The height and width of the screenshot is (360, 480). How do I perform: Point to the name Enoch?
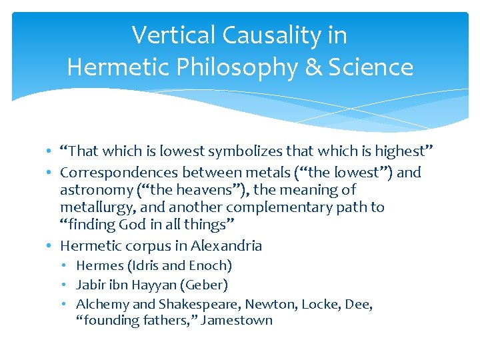[210, 265]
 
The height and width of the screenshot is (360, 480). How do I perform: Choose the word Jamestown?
[237, 320]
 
